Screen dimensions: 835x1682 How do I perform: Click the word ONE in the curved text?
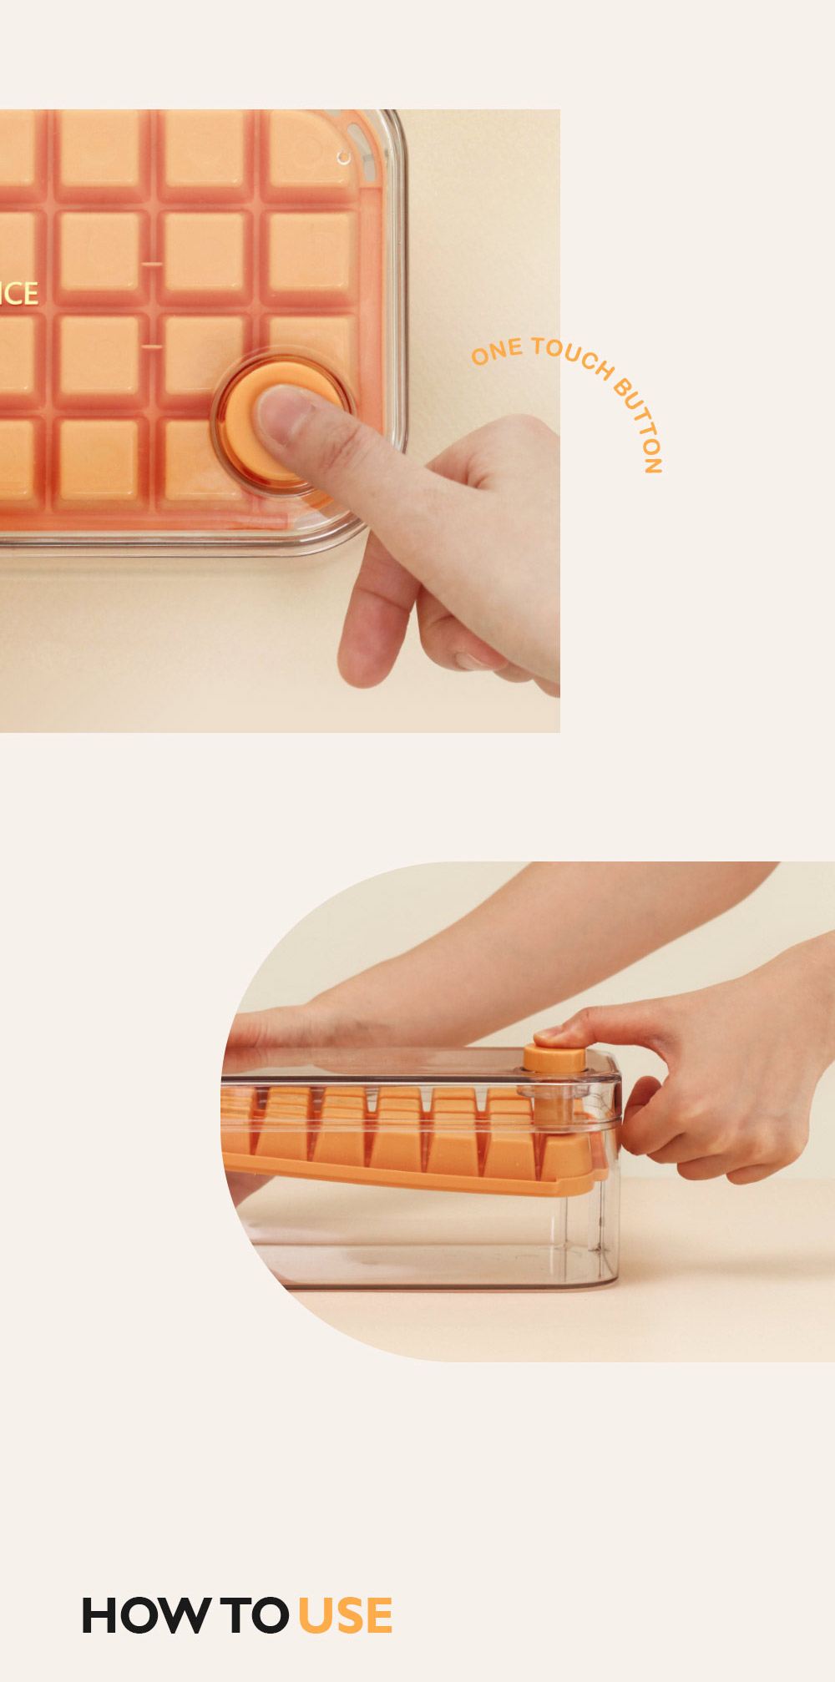[497, 351]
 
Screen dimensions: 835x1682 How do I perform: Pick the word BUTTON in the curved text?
[640, 425]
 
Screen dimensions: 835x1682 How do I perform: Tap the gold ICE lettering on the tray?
[18, 293]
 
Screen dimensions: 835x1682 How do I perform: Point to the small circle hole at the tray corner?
[343, 158]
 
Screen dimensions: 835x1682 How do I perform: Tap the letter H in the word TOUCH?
[605, 369]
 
